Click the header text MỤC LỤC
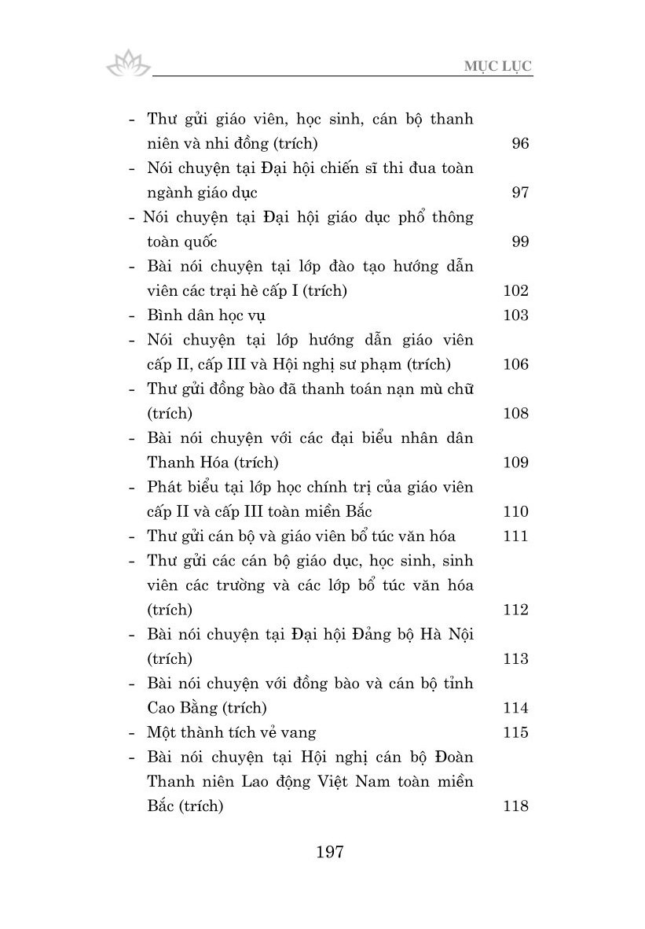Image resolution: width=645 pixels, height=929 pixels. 500,66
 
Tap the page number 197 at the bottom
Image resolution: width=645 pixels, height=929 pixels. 329,852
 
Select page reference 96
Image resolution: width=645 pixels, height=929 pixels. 519,143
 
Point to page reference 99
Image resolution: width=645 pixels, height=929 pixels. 519,241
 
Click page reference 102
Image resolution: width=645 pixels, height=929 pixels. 515,290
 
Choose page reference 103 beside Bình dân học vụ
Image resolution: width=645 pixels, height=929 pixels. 515,315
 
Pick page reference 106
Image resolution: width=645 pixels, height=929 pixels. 515,364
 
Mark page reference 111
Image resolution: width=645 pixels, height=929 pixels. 515,536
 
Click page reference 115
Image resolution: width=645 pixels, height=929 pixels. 515,732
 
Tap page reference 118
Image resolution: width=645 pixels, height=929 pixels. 515,806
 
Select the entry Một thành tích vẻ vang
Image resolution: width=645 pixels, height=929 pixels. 231,732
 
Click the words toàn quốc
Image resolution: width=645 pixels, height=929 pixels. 182,241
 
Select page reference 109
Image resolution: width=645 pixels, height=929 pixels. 515,463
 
